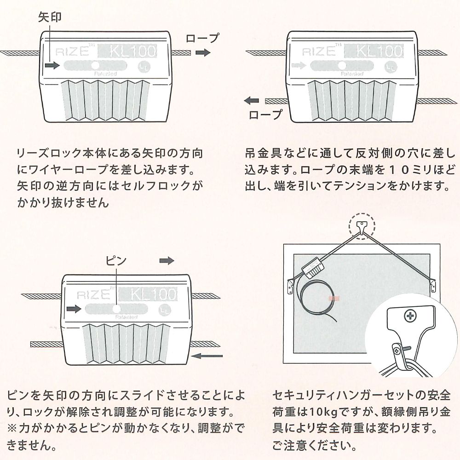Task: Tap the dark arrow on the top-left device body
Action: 52,66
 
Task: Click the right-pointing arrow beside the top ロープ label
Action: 203,53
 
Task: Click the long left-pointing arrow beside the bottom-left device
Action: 207,356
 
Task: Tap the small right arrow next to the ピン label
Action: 167,261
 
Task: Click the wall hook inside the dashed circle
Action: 362,227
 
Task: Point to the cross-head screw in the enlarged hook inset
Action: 409,316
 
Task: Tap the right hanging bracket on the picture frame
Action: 433,285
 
